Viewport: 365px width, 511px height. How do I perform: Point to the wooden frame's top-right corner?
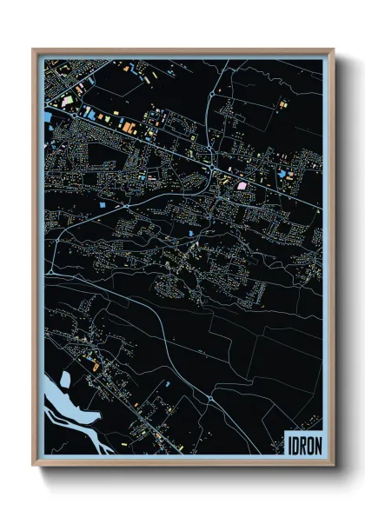333,50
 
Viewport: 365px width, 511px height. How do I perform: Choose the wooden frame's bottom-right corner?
333,466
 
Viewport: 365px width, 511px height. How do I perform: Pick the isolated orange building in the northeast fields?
282,103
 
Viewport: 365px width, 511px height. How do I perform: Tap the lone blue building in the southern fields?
167,381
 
